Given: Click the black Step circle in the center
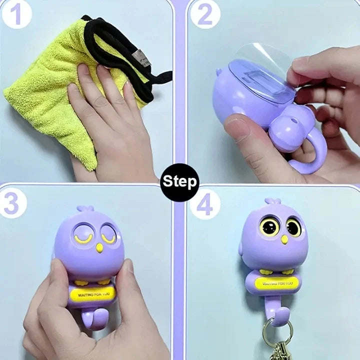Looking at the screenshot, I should (179, 180).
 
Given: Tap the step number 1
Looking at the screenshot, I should (17, 15).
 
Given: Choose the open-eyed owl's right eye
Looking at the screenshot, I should (293, 227).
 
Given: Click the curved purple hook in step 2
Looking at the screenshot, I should (305, 157).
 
